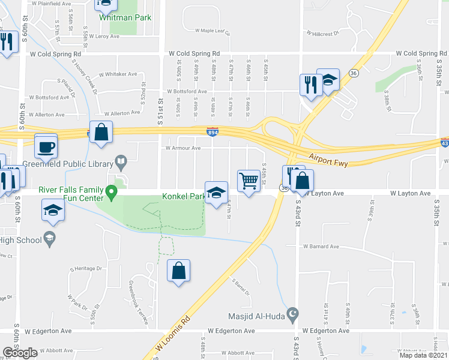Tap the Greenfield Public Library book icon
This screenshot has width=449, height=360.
point(121,161)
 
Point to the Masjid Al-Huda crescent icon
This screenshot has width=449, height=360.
point(293,314)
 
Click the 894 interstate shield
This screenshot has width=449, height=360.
point(212,131)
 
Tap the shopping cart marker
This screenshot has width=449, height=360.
point(249,180)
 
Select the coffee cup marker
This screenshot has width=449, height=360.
point(46,145)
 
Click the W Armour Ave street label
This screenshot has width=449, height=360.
point(183,148)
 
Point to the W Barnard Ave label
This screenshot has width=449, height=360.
point(321,246)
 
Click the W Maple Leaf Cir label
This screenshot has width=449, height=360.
point(212,31)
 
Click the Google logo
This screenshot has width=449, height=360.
point(20,353)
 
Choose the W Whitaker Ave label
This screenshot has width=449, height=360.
point(119,74)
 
